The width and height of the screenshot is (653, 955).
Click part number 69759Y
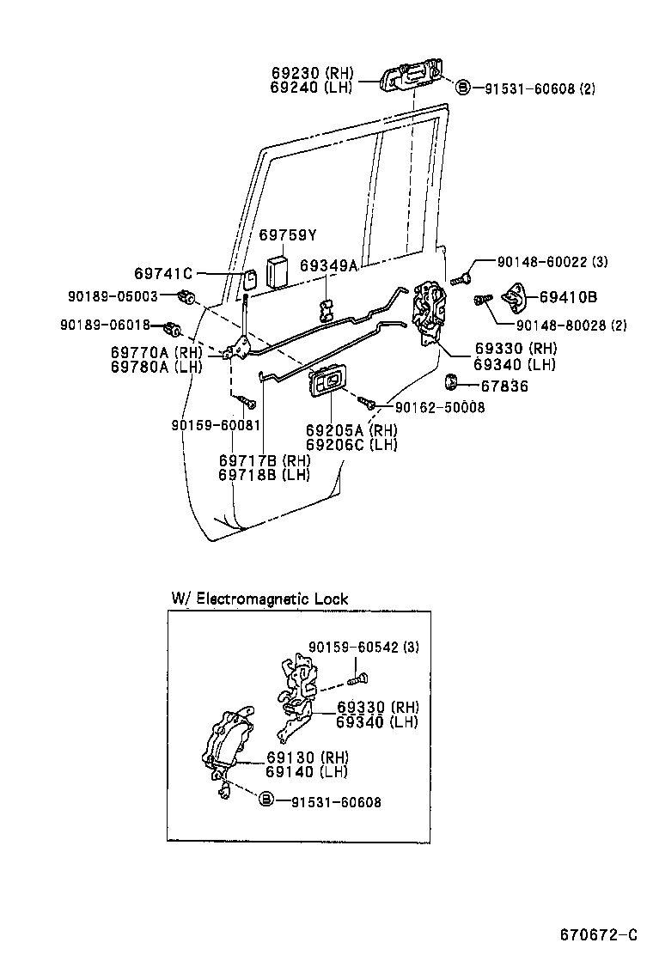click(288, 235)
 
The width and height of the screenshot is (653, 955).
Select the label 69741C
click(162, 274)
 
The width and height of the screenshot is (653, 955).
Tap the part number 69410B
click(568, 297)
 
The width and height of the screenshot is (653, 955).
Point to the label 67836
click(504, 386)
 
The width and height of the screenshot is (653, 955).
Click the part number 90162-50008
click(439, 408)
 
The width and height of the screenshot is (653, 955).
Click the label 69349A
click(328, 266)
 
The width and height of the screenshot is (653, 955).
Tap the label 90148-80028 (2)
click(572, 325)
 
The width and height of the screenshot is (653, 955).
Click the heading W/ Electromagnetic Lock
click(259, 599)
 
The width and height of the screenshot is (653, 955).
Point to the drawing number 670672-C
click(599, 934)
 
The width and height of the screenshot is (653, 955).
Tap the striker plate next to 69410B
click(516, 297)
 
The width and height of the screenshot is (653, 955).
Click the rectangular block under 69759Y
click(278, 270)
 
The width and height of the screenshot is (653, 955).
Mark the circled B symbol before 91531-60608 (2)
click(461, 87)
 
